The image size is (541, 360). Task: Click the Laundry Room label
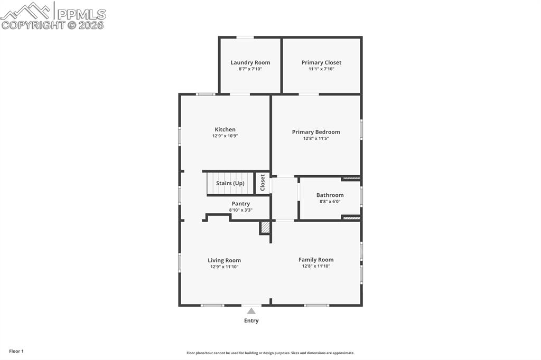tap(250, 62)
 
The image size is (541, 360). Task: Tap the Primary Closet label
tap(321, 62)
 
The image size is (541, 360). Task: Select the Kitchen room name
tap(225, 129)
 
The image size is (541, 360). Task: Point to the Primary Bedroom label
tap(316, 132)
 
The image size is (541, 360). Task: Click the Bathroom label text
tap(330, 195)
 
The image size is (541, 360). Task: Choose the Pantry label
tap(240, 204)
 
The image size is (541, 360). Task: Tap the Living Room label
tap(224, 260)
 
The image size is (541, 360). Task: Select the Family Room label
tap(316, 260)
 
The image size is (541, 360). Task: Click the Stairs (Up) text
tap(230, 183)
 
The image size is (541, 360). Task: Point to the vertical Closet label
tap(263, 183)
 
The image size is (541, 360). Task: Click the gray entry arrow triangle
tap(251, 311)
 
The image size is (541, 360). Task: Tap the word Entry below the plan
tap(251, 320)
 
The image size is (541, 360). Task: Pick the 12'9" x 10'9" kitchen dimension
tap(225, 136)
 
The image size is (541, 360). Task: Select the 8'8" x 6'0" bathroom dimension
tap(330, 201)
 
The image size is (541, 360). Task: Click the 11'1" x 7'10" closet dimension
tap(321, 69)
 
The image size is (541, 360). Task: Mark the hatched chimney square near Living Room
tap(265, 228)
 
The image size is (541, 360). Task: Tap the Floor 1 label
tap(16, 351)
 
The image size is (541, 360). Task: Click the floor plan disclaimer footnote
tap(270, 353)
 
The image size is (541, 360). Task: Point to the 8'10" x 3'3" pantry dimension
tap(240, 210)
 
